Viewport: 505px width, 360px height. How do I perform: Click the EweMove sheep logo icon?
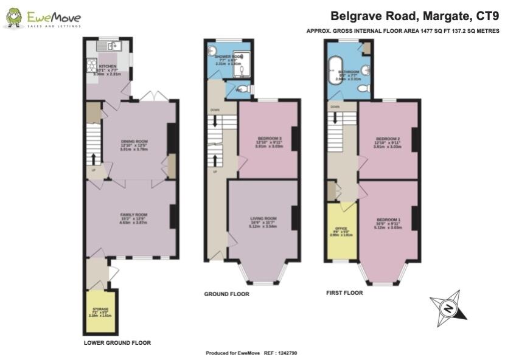coord(14,18)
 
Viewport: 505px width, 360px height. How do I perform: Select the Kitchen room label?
coord(108,66)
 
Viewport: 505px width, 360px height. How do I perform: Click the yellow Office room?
coord(341,232)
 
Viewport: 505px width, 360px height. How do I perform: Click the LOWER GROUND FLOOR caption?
coord(117,343)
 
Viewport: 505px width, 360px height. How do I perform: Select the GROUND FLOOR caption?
coord(226,294)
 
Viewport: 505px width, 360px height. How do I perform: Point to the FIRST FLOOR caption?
coord(344,292)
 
